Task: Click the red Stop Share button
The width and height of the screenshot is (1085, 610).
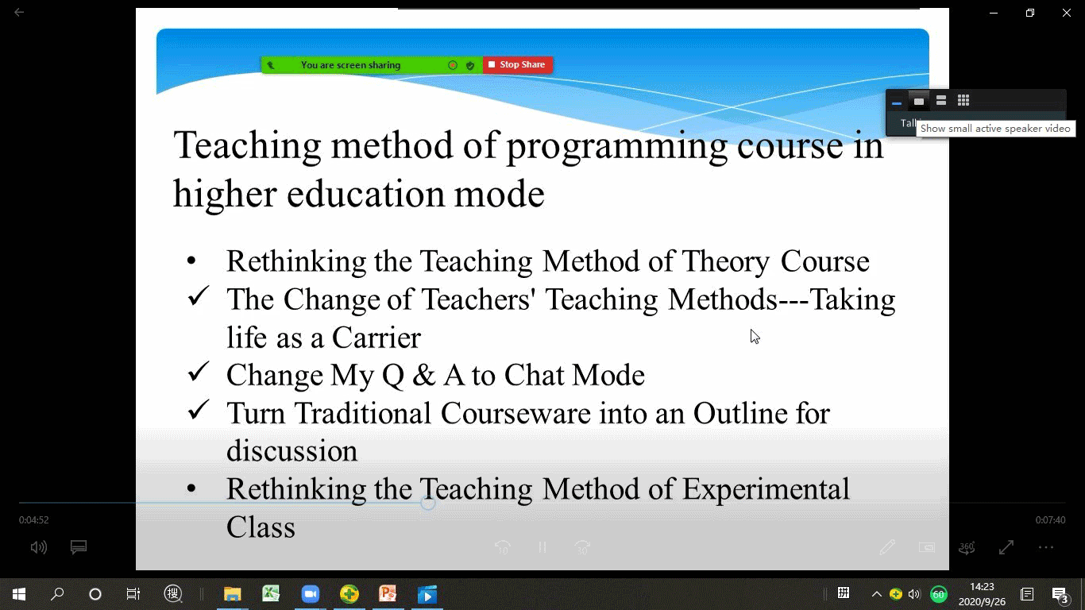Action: (x=518, y=64)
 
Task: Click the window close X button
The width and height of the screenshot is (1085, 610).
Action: (x=1067, y=13)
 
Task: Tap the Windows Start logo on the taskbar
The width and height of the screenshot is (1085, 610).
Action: (x=19, y=593)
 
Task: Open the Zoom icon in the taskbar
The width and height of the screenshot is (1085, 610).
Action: (x=310, y=593)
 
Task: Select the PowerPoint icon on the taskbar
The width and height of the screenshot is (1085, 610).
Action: (x=388, y=593)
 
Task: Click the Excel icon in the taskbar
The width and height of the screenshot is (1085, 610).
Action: (x=272, y=593)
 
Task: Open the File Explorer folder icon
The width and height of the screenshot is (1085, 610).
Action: (x=233, y=593)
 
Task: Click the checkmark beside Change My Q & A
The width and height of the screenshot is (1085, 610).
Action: (x=198, y=372)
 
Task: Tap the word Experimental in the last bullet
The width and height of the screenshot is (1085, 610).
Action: (x=766, y=489)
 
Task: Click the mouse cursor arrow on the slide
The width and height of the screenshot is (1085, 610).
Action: (x=755, y=336)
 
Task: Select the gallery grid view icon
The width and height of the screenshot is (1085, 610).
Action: (x=963, y=100)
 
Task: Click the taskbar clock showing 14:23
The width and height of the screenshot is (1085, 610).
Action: (x=982, y=587)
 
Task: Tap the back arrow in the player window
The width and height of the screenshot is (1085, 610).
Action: (x=19, y=12)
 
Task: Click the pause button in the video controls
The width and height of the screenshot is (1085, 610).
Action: (x=542, y=547)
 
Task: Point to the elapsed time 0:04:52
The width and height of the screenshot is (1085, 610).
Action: (x=34, y=520)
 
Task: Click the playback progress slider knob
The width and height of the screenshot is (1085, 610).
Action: (x=427, y=503)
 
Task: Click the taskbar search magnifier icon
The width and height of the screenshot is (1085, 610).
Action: (x=57, y=593)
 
